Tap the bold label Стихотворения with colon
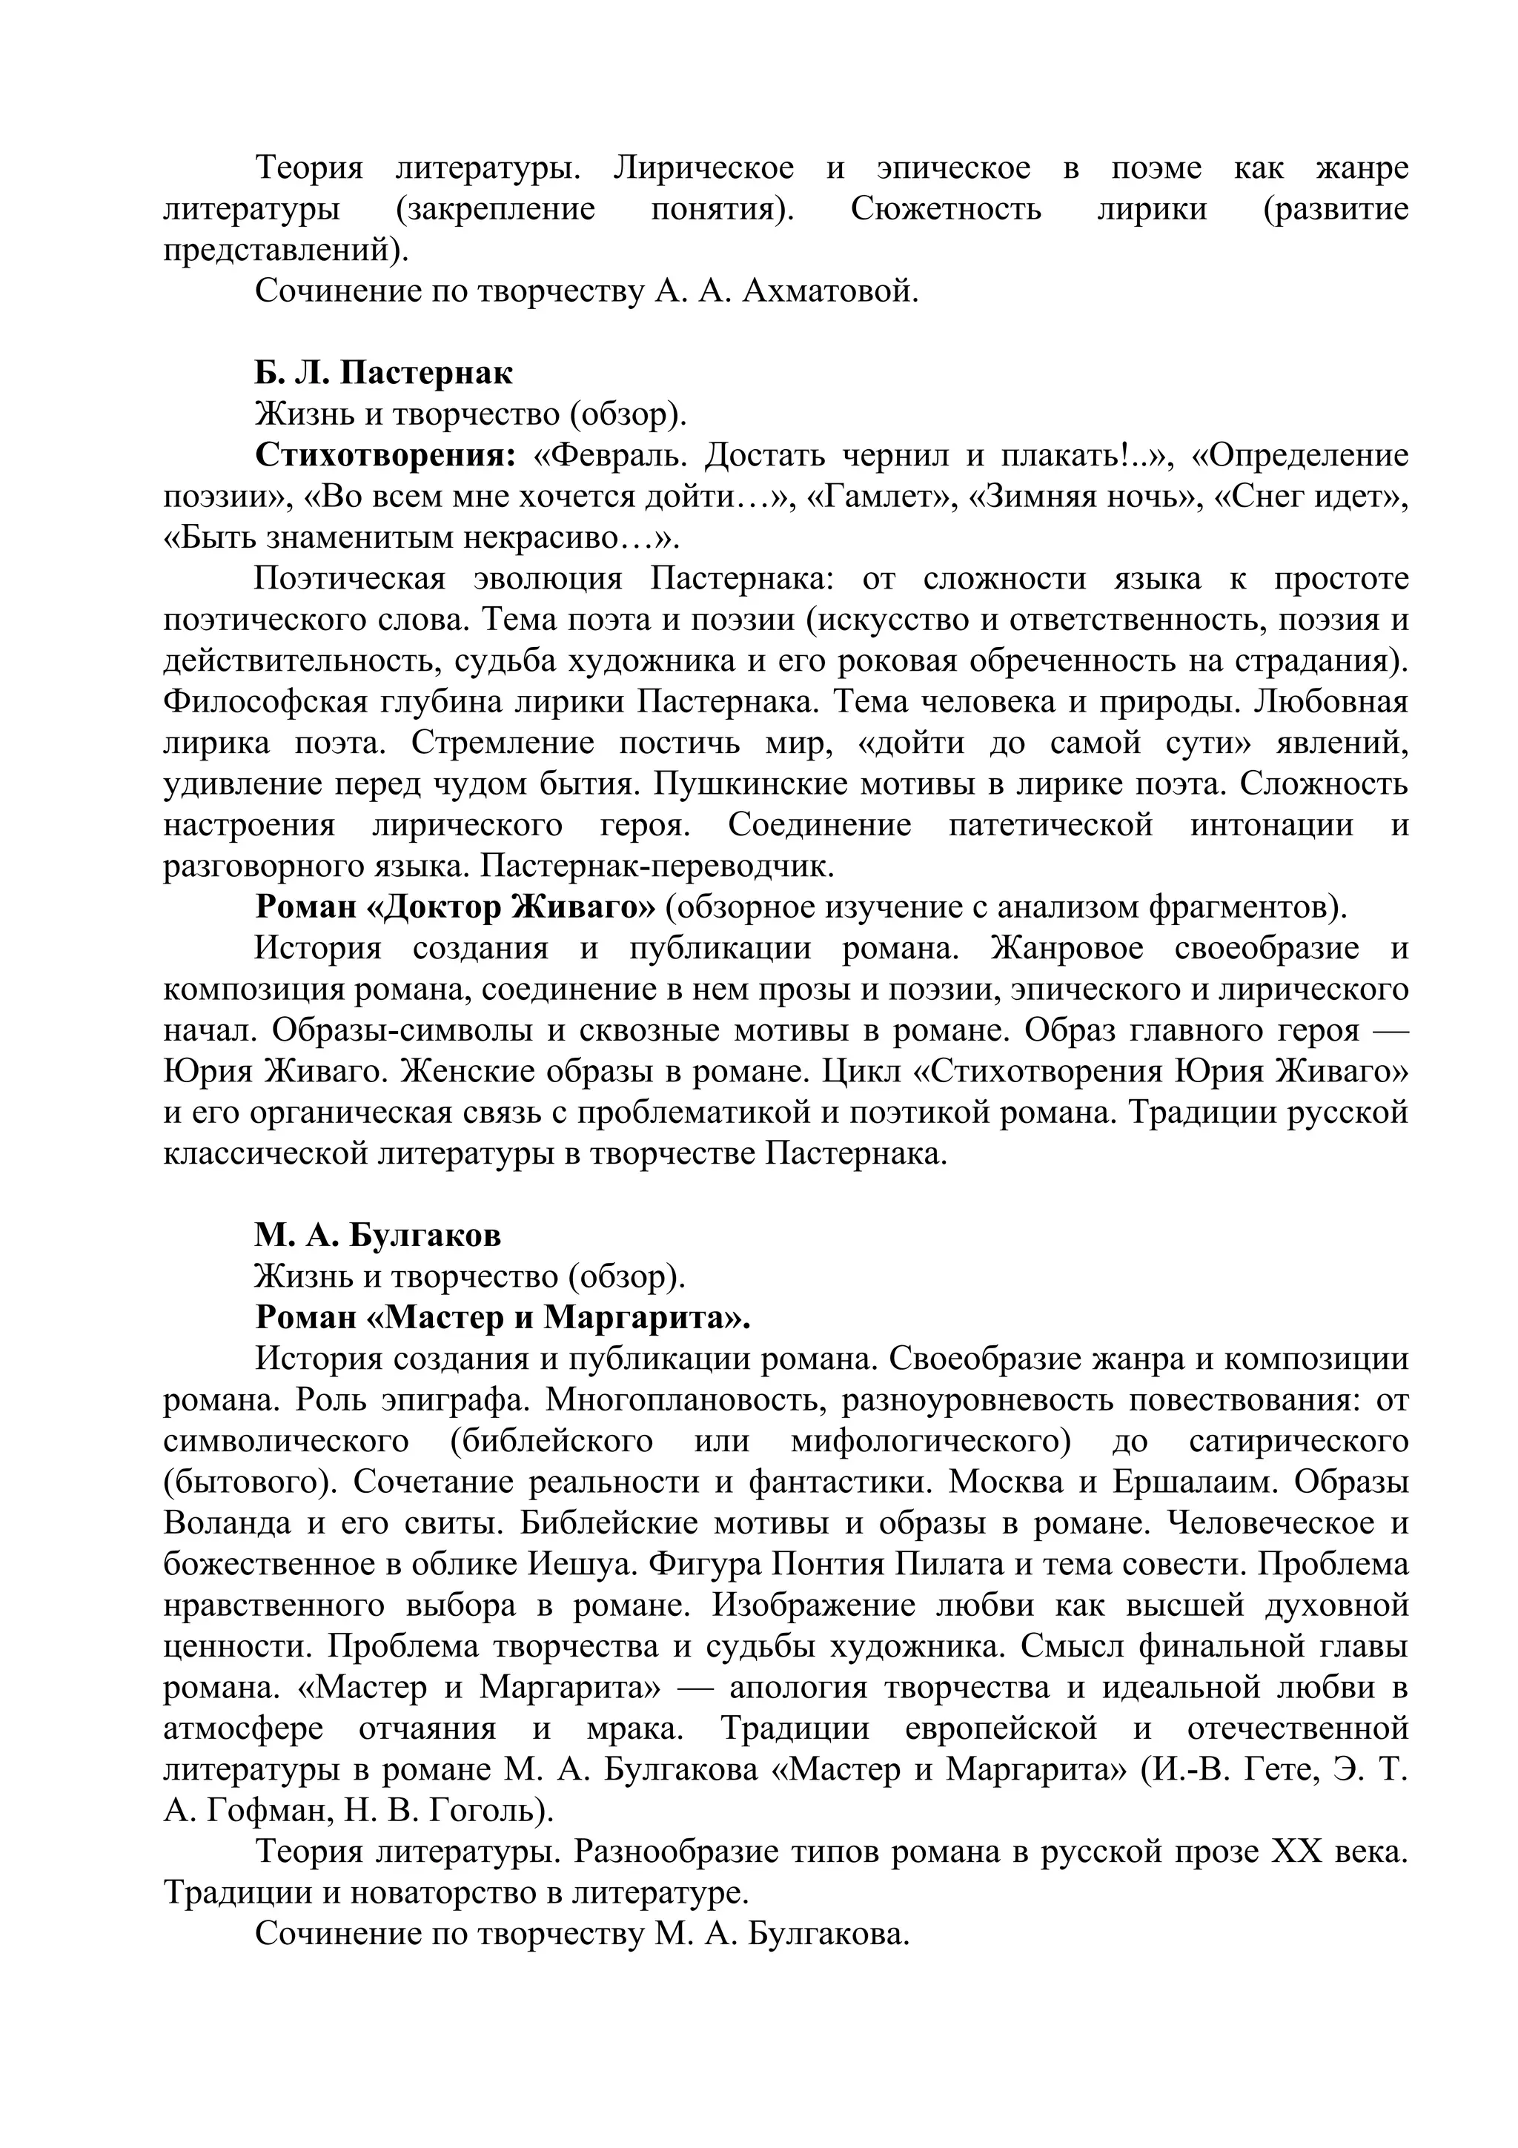click(x=385, y=456)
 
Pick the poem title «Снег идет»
click(x=1310, y=497)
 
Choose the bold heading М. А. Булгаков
click(x=378, y=1235)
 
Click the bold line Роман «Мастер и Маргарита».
click(x=503, y=1317)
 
